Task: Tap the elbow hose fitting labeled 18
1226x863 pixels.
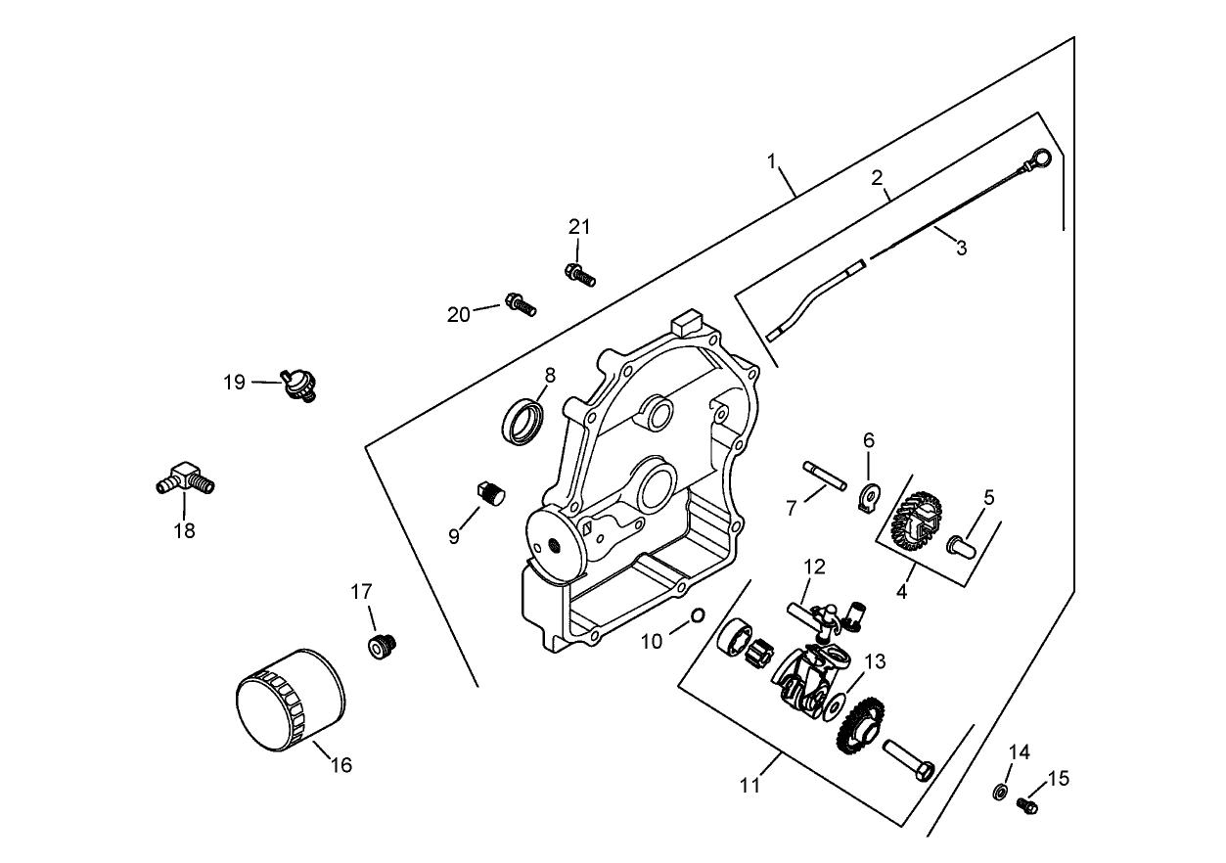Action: [x=185, y=480]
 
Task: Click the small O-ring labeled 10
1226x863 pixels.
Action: [x=698, y=614]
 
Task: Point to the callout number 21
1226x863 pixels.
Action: [x=580, y=227]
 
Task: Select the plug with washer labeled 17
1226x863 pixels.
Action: [x=380, y=646]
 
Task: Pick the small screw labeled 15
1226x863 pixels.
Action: [x=1026, y=804]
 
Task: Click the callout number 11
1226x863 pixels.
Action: [x=750, y=786]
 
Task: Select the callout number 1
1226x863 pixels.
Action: [x=772, y=159]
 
